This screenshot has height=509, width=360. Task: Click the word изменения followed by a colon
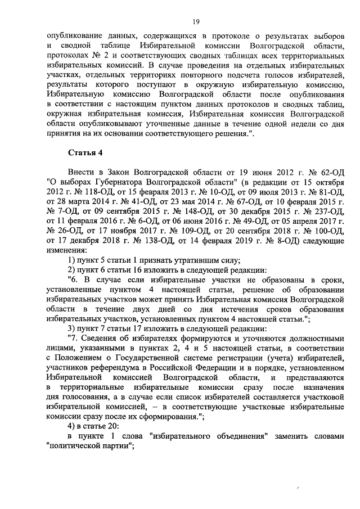(x=67, y=270)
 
